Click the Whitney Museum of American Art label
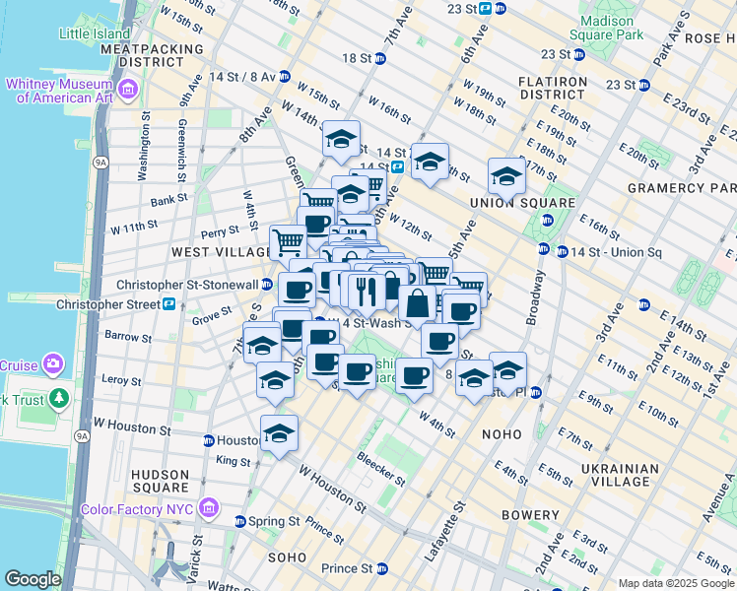[61, 90]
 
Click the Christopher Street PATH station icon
[169, 304]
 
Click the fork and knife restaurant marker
[364, 290]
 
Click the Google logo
[33, 579]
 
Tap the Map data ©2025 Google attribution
[675, 583]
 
